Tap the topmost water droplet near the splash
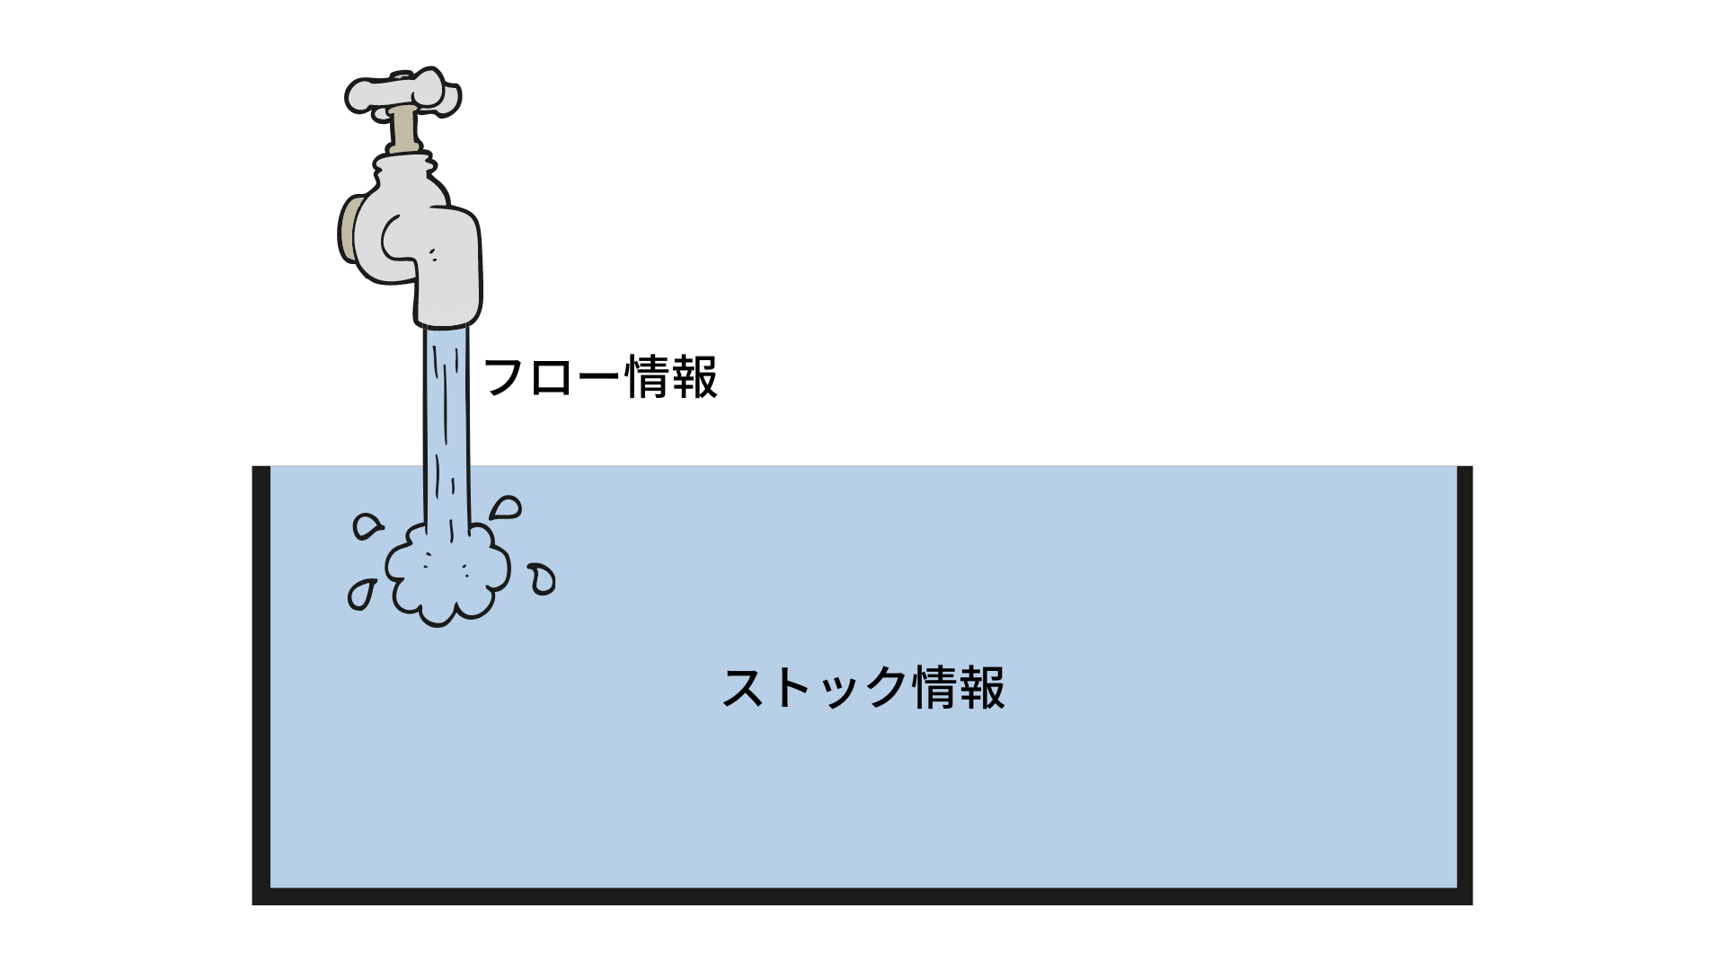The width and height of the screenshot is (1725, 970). (x=507, y=508)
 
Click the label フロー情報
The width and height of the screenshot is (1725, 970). (x=600, y=377)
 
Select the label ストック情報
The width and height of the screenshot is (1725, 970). (x=862, y=688)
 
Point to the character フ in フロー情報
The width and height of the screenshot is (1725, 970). (x=505, y=377)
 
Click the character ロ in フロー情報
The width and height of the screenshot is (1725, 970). (x=552, y=377)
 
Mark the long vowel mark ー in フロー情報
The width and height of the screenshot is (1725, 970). (x=598, y=377)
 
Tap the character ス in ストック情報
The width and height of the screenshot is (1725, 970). (x=745, y=688)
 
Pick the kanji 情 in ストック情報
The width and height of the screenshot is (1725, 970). (x=933, y=688)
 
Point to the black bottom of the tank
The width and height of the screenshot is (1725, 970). (x=862, y=895)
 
